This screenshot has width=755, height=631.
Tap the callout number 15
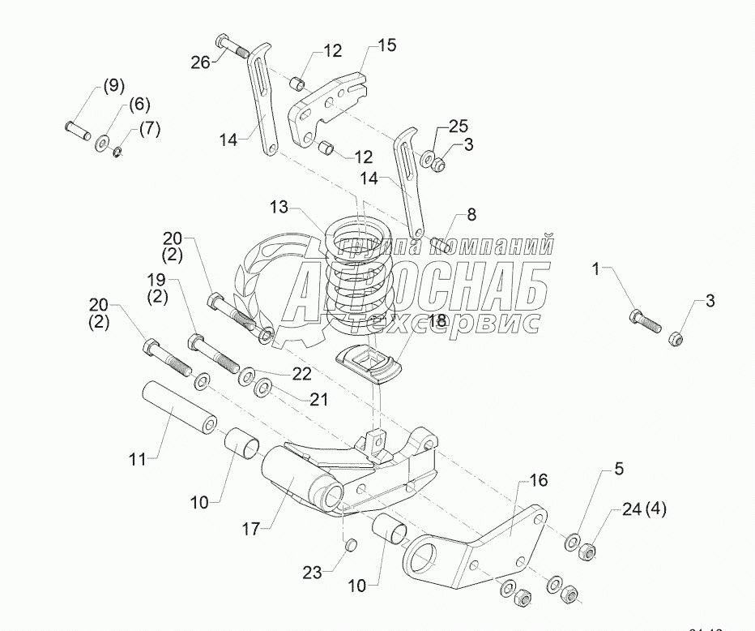pos(387,45)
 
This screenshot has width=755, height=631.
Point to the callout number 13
pos(279,208)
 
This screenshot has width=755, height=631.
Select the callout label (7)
pos(150,128)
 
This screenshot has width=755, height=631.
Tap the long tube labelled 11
pos(180,404)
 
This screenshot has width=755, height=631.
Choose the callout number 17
pos(250,529)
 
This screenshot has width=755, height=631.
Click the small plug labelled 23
pos(351,544)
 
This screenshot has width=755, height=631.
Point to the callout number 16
pos(539,480)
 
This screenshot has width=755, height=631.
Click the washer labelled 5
pos(572,539)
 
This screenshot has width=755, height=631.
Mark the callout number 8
pos(471,215)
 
